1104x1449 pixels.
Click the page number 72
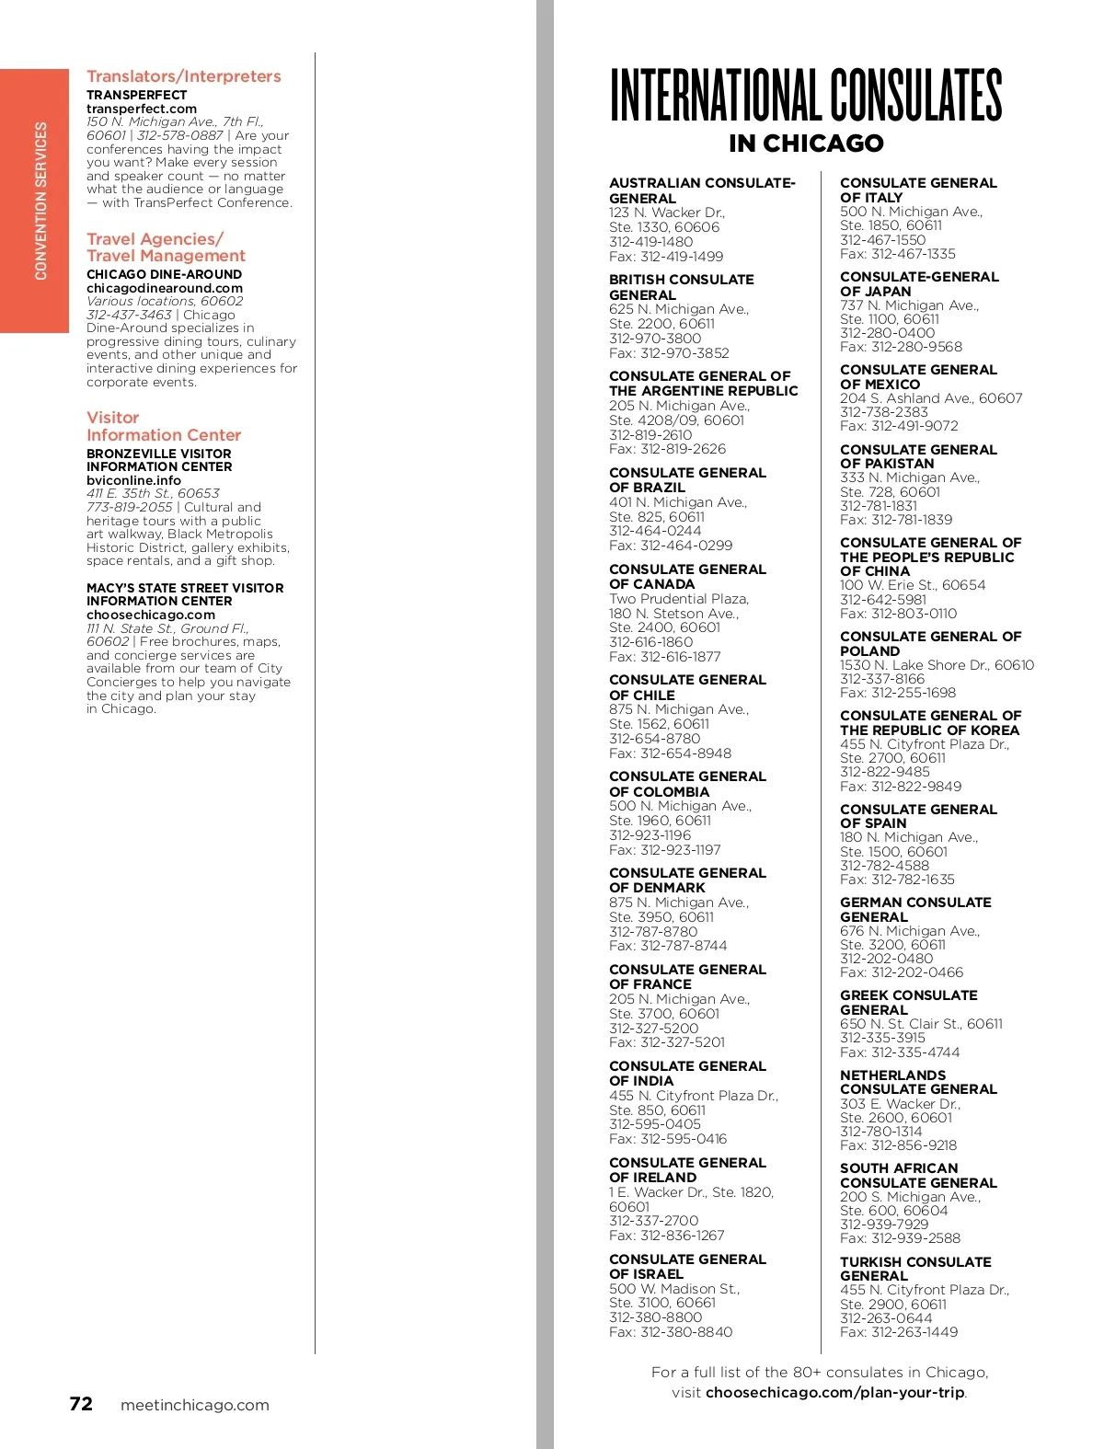click(x=81, y=1404)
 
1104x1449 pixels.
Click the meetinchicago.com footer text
click(x=194, y=1405)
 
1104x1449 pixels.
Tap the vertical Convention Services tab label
click(x=40, y=201)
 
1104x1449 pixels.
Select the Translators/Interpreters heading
click(x=184, y=76)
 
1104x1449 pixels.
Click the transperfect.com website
click(x=142, y=109)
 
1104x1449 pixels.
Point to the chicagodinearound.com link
click(x=165, y=288)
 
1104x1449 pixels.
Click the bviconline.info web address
click(x=133, y=480)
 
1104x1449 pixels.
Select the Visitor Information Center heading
click(x=164, y=426)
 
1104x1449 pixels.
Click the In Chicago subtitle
click(x=806, y=144)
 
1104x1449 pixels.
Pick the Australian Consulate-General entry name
click(x=702, y=190)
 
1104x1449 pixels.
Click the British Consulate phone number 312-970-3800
click(x=655, y=339)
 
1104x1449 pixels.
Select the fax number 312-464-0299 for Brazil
click(x=671, y=546)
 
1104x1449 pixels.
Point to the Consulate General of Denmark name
click(x=687, y=880)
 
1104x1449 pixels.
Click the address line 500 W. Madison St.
click(x=674, y=1289)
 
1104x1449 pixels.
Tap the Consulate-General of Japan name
click(x=919, y=283)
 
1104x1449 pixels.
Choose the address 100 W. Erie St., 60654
click(x=913, y=585)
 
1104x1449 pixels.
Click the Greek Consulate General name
click(x=909, y=1002)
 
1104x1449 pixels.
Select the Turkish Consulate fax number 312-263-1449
click(x=899, y=1332)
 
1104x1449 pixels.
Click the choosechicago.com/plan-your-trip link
click(x=835, y=1393)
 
